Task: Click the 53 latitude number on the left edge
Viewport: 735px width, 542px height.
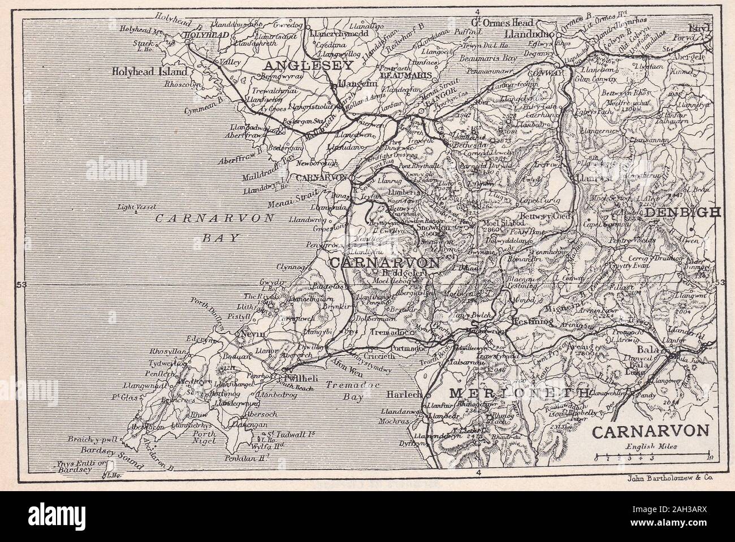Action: [x=21, y=284]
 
